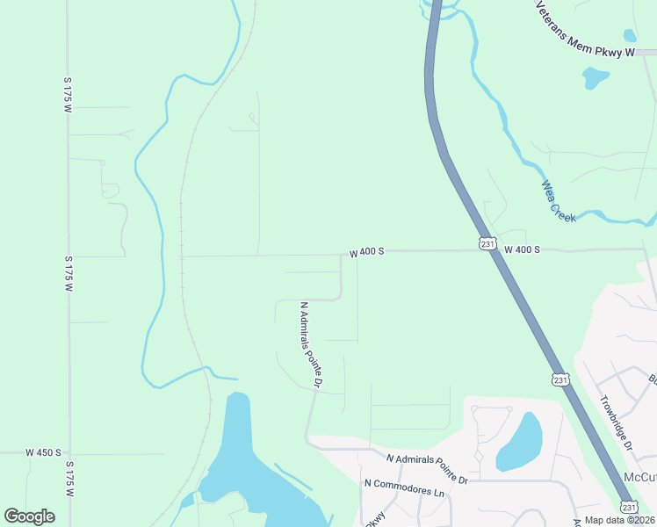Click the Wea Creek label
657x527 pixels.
(x=559, y=201)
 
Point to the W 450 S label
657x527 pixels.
(x=43, y=452)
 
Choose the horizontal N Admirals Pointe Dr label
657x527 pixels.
(x=427, y=467)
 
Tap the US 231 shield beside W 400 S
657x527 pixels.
(x=487, y=243)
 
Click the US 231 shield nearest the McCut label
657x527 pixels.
(x=629, y=507)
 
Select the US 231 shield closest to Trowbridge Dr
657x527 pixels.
(x=560, y=379)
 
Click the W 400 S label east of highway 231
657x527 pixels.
(x=522, y=249)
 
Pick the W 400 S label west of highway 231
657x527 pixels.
(x=366, y=252)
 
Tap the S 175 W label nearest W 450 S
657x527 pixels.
(x=69, y=479)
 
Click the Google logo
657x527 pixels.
(x=29, y=516)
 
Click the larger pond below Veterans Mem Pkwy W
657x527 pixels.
(x=596, y=78)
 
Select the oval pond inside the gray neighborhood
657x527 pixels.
(x=519, y=442)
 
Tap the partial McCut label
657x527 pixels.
(x=639, y=476)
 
